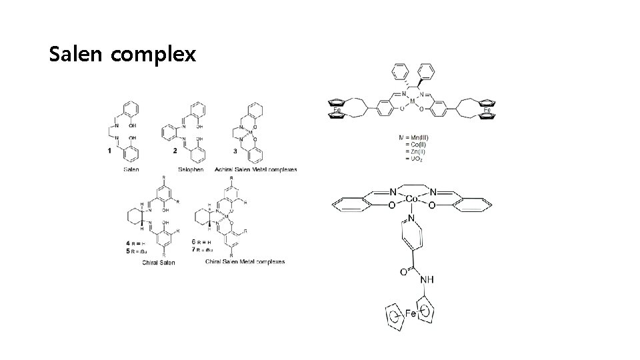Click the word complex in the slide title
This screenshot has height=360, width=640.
(x=154, y=55)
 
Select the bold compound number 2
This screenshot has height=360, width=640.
(x=175, y=151)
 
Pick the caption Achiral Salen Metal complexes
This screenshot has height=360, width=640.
(x=256, y=169)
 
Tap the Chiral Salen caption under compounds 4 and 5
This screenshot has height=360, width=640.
(x=159, y=262)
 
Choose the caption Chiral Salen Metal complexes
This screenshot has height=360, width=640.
(x=245, y=261)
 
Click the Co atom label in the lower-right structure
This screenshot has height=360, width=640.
(x=412, y=199)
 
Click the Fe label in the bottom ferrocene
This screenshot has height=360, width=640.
(x=411, y=313)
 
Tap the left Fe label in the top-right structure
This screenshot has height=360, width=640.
(x=339, y=110)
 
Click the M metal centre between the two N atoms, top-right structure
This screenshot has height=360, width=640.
(x=413, y=101)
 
